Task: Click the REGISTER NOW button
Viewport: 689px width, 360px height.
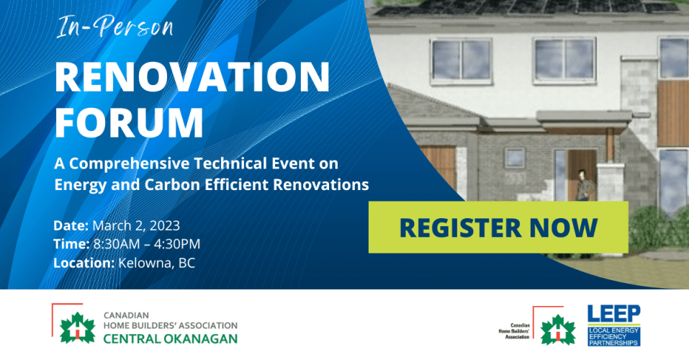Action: click(498, 228)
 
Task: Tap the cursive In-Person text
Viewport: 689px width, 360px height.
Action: click(115, 27)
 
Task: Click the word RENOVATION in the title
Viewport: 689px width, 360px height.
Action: click(192, 77)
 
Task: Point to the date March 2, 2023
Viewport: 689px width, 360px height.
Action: click(136, 225)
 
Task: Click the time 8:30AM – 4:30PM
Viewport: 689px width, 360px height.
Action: click(147, 244)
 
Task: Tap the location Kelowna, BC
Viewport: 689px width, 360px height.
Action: click(157, 263)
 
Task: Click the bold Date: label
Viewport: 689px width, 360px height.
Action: click(71, 225)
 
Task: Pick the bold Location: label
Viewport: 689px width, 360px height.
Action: click(84, 263)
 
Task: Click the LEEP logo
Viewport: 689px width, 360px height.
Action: click(614, 325)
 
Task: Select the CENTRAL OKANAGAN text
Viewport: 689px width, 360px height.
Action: click(171, 339)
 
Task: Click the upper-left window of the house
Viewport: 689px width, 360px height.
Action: click(461, 60)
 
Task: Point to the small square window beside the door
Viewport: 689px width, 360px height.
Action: click(514, 158)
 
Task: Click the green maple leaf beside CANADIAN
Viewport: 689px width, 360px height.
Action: click(77, 328)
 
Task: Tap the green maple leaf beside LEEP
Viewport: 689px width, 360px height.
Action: click(558, 330)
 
